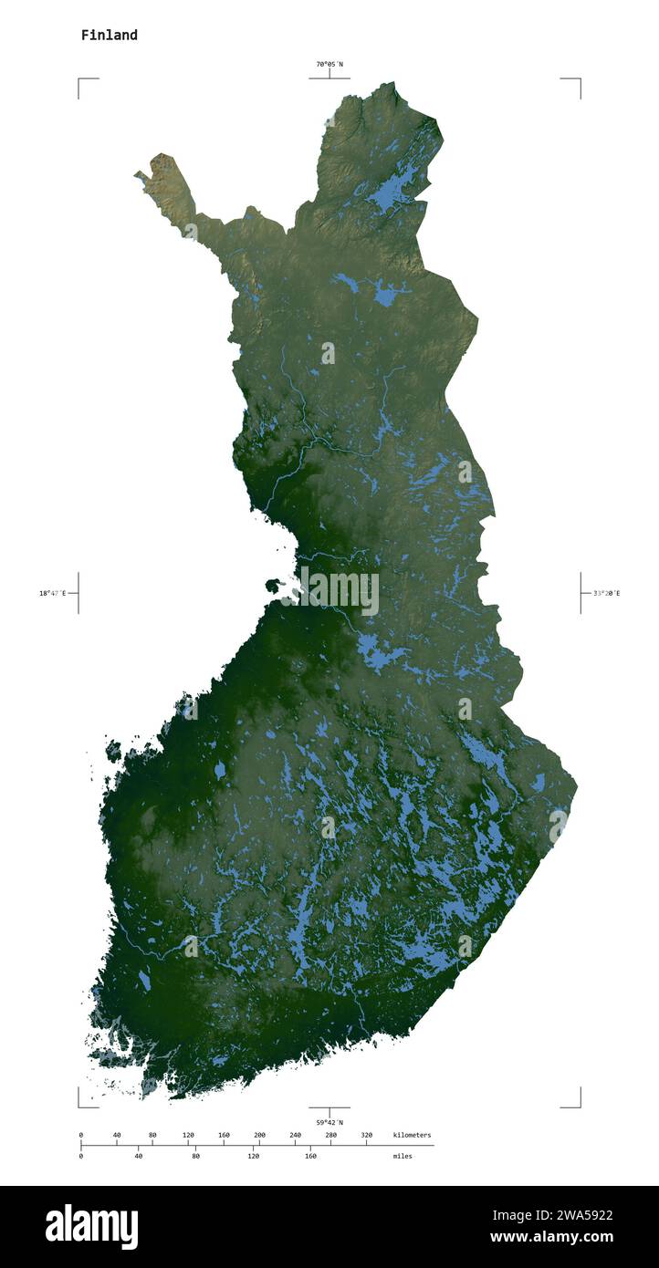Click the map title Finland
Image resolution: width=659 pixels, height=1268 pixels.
click(x=109, y=36)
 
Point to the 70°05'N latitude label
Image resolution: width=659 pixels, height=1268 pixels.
click(x=329, y=64)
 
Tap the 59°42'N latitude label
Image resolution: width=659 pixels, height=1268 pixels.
click(x=329, y=1122)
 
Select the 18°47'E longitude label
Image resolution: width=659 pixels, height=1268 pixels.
click(x=53, y=593)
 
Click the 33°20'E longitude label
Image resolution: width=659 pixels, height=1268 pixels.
click(x=605, y=593)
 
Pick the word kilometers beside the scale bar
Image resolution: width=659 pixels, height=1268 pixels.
click(x=412, y=1135)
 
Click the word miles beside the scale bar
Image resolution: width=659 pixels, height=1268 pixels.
click(x=402, y=1156)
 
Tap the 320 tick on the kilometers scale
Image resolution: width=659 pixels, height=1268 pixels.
click(x=366, y=1136)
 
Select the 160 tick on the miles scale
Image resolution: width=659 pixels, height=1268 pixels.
click(x=310, y=1156)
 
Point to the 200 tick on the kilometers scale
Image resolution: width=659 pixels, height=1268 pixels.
click(x=259, y=1136)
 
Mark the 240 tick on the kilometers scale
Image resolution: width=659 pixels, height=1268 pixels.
click(x=295, y=1136)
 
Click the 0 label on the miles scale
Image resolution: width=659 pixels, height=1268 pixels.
click(x=81, y=1156)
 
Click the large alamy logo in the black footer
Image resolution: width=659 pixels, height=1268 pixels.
click(x=91, y=1227)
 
